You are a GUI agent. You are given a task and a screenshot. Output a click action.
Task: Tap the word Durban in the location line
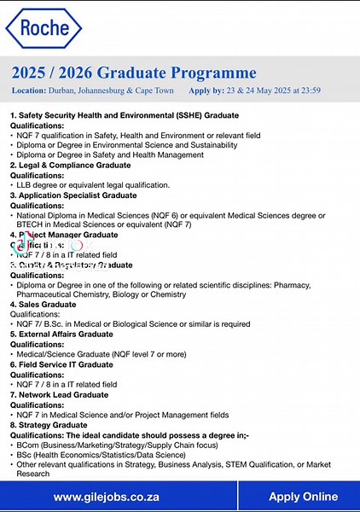[x=59, y=90]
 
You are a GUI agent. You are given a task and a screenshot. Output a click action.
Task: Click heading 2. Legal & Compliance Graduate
[x=70, y=165]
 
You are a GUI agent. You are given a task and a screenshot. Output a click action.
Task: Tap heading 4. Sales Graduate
[x=43, y=304]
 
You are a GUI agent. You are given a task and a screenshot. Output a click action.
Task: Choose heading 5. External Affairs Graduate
[x=61, y=334]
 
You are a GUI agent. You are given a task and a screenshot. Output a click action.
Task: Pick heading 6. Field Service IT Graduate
[x=61, y=364]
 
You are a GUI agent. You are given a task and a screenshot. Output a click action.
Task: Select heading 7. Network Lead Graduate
[x=59, y=394]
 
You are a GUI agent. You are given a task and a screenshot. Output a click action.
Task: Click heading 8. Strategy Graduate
[x=48, y=424]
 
